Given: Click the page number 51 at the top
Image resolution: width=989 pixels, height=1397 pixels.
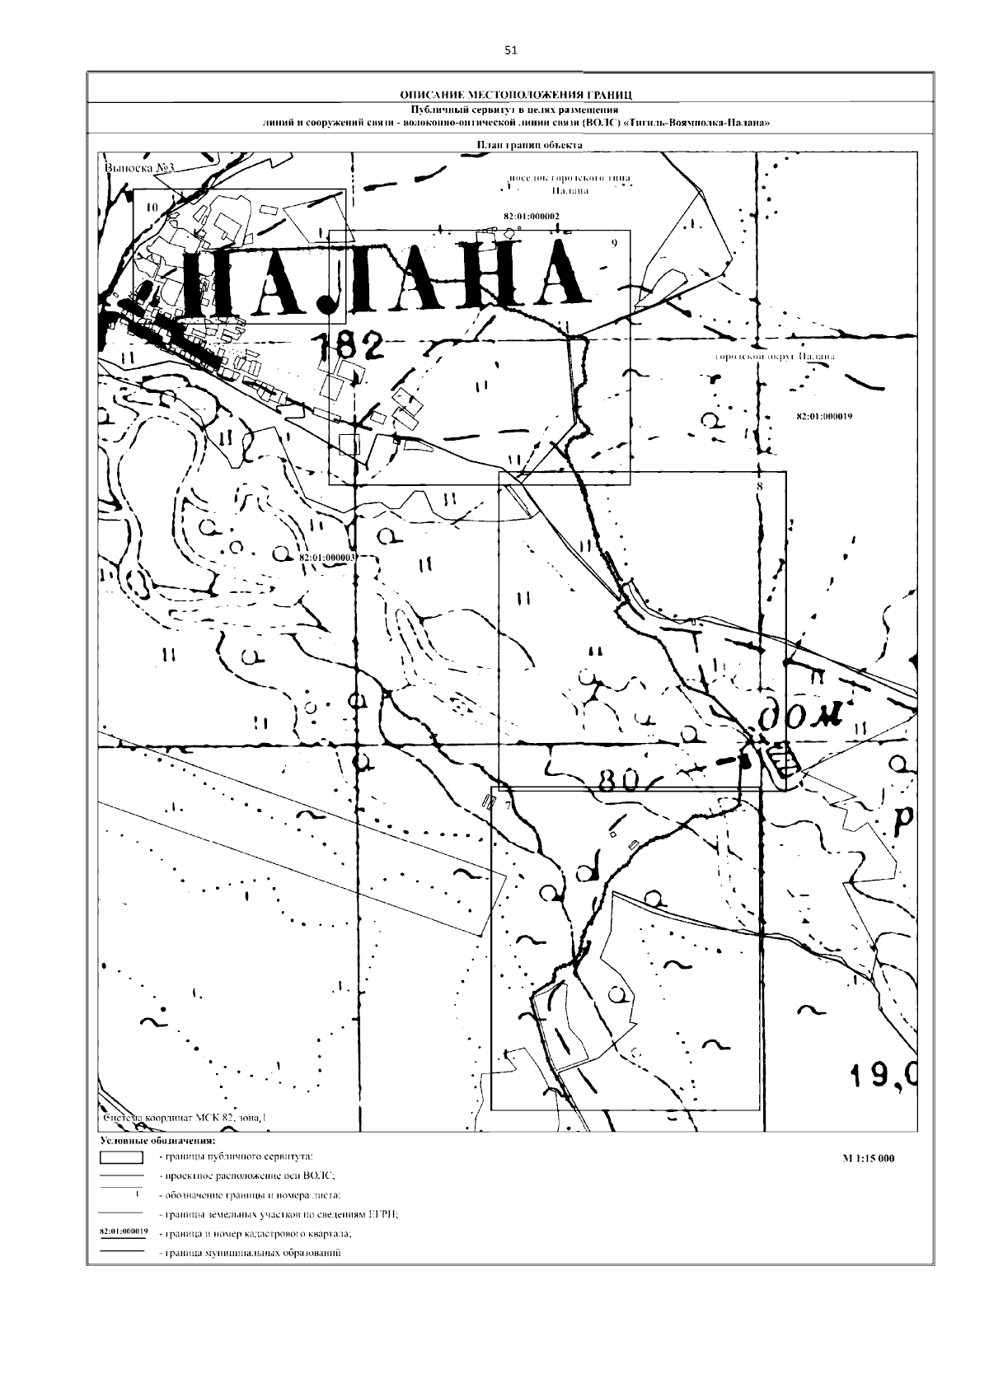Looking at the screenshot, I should [x=510, y=50].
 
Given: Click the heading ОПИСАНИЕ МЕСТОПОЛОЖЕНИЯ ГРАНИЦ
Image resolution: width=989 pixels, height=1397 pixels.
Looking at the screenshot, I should [x=510, y=94].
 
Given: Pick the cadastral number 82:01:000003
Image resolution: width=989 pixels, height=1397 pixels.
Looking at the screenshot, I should [x=326, y=558].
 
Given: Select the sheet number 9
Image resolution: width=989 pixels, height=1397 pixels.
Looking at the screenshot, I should [x=614, y=243].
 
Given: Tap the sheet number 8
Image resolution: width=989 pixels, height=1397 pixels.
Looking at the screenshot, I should [x=759, y=487].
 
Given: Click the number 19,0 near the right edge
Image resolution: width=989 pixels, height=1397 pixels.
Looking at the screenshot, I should [x=884, y=1073].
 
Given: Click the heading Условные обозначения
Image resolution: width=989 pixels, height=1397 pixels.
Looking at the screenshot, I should [x=157, y=1142].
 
